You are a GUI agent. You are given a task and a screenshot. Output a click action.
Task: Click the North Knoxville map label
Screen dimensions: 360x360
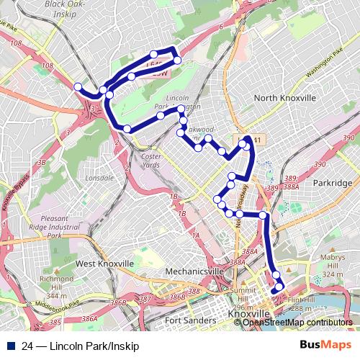pyautogui.click(x=285, y=98)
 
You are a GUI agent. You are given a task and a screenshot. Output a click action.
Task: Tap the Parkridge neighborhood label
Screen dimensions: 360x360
pyautogui.click(x=333, y=183)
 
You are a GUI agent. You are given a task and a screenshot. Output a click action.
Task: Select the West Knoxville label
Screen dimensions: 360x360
pyautogui.click(x=104, y=264)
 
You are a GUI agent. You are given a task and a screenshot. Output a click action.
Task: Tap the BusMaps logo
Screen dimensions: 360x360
pyautogui.click(x=323, y=346)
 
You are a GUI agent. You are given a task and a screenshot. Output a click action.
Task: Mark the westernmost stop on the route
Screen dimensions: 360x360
pyautogui.click(x=78, y=87)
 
